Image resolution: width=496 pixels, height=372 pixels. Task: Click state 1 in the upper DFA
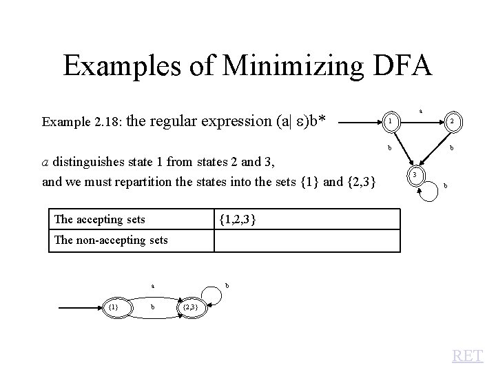(x=390, y=123)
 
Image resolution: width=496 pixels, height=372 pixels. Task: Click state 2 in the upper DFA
(x=452, y=123)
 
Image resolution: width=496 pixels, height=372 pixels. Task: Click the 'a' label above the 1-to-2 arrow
(x=421, y=110)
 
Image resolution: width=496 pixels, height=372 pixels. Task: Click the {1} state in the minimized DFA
(x=114, y=306)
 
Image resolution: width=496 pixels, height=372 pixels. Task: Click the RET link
(x=468, y=356)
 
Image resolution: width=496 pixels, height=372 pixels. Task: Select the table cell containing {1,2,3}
(x=307, y=220)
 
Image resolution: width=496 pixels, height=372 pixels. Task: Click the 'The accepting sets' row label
(x=100, y=220)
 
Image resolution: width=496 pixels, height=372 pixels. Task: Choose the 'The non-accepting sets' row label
(x=111, y=240)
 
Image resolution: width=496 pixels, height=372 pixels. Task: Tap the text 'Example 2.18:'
(x=82, y=123)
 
